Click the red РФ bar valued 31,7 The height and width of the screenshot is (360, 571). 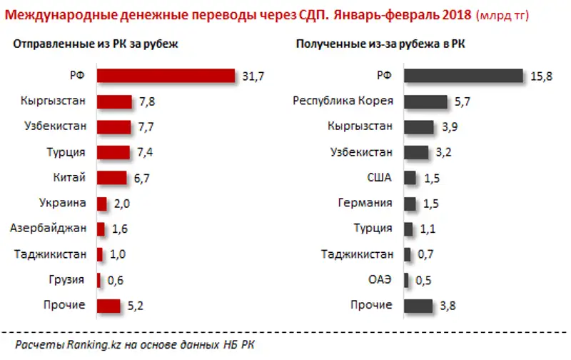166,76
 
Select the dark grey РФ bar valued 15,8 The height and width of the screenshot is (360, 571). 463,76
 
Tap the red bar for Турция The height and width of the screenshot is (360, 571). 113,152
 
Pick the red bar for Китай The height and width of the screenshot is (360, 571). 112,178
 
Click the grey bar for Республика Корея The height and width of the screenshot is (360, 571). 425,101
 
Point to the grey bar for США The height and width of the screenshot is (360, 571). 410,178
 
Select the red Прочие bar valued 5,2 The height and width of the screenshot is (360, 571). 108,306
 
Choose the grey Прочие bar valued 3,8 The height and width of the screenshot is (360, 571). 418,306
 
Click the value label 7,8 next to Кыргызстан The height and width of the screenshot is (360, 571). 146,101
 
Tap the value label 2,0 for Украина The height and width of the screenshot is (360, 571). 121,204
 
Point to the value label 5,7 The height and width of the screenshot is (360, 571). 463,101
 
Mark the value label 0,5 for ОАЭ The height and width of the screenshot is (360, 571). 423,280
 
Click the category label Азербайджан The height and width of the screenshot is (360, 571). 49,229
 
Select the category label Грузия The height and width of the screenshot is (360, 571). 69,279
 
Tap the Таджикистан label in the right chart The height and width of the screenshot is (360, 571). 357,254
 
